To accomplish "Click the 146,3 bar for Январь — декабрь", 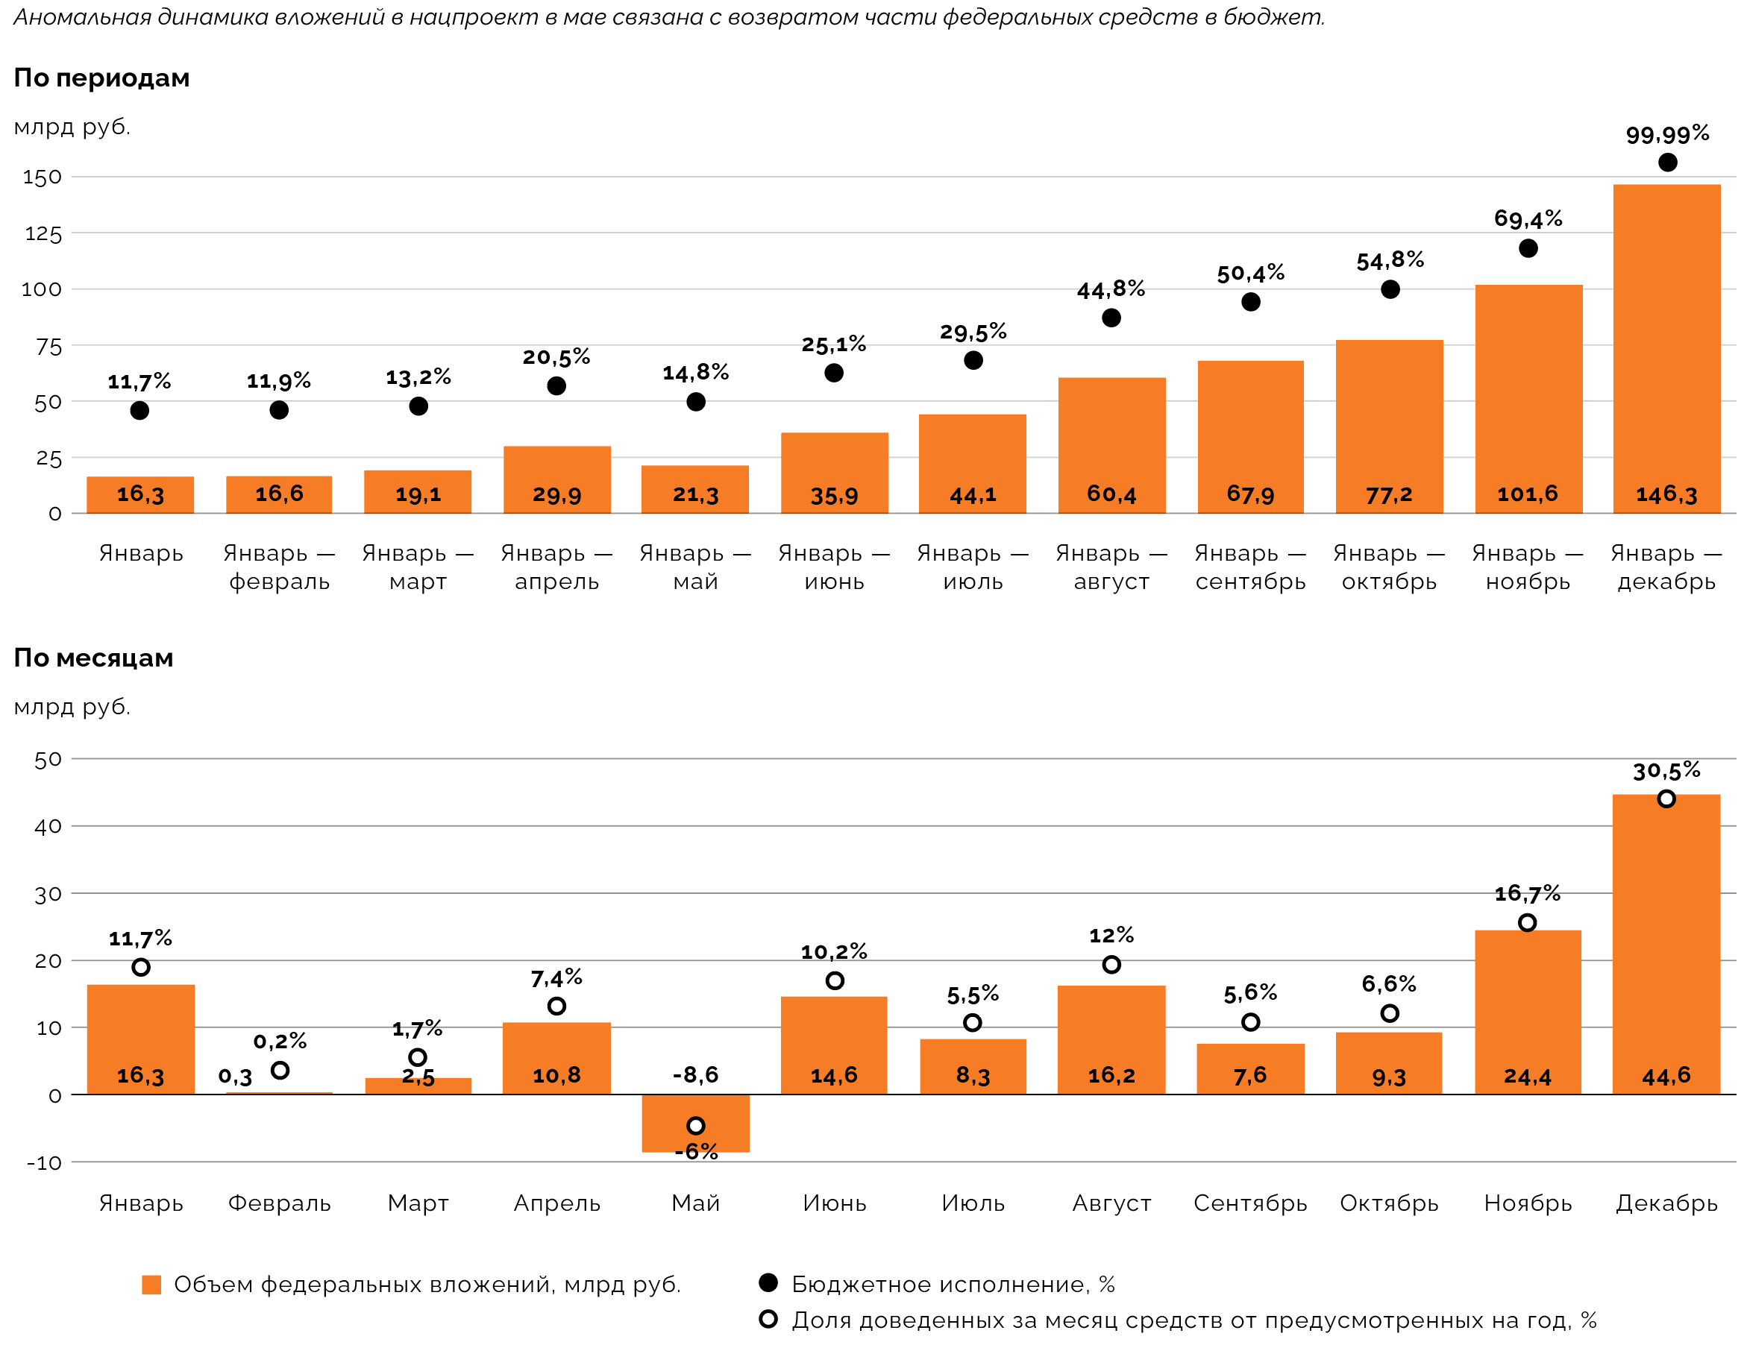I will (1666, 348).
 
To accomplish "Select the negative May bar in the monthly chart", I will (695, 1122).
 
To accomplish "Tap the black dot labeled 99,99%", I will (1667, 163).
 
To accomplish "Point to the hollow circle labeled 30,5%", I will (1666, 799).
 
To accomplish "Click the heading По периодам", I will (101, 78).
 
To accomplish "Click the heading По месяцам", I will (93, 658).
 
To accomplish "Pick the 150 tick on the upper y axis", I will (43, 177).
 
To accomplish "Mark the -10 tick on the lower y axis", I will (44, 1163).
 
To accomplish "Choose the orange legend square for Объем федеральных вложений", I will (151, 1284).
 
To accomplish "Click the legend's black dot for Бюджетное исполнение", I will (768, 1282).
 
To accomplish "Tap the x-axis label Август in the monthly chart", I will (1111, 1203).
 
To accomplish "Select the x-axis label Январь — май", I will (695, 567).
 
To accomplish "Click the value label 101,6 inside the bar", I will (1528, 494).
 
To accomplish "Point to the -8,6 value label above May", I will (695, 1075).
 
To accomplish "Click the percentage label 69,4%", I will (1528, 218).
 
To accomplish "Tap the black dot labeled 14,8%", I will (695, 403).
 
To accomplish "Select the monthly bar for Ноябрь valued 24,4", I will (1528, 1011).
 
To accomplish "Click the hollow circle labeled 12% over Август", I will (1111, 965).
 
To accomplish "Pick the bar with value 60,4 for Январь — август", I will (1111, 444).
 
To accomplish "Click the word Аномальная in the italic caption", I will (82, 16).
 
